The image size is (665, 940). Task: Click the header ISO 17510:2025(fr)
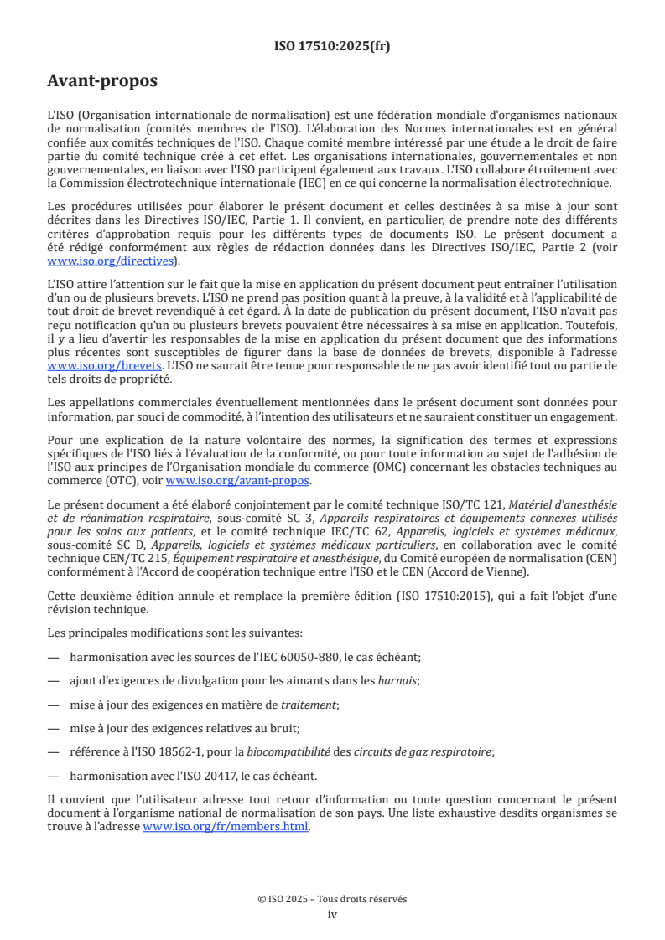click(x=332, y=46)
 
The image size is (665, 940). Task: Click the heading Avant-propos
click(x=102, y=82)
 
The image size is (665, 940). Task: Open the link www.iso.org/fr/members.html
click(x=226, y=826)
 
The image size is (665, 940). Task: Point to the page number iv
click(x=332, y=914)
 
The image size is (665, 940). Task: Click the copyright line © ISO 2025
click(x=332, y=899)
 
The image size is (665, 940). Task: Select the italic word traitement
click(x=304, y=708)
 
